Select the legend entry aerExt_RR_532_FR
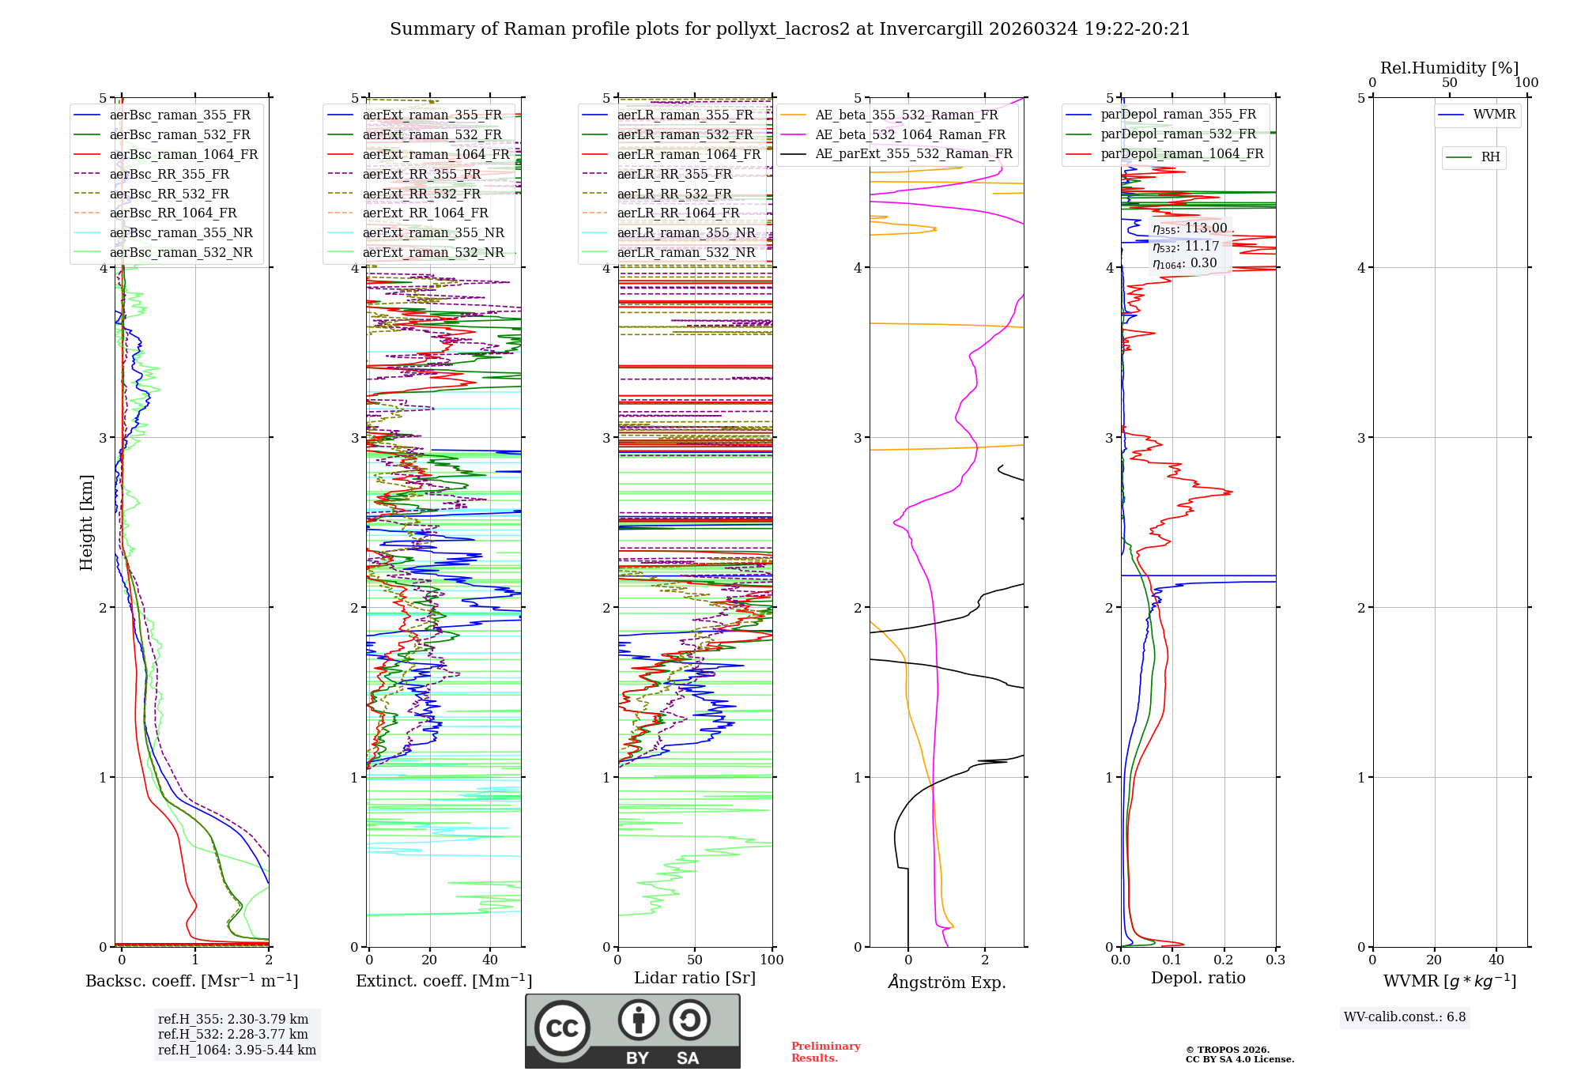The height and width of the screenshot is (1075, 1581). point(421,194)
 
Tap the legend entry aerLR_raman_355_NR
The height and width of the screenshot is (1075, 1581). point(685,232)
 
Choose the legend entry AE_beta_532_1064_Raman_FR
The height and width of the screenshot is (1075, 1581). point(910,134)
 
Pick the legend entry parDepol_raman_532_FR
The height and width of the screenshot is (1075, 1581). point(1178,134)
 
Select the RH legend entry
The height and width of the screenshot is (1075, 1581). point(1490,157)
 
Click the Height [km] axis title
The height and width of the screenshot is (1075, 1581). point(86,522)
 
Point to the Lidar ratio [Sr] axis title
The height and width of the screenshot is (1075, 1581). point(695,978)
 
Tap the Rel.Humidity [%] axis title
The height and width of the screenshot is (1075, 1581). point(1449,68)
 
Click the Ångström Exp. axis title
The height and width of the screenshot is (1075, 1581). point(947,982)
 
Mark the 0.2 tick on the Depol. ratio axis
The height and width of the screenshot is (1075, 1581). point(1224,960)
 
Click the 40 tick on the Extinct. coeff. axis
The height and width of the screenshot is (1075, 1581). point(490,960)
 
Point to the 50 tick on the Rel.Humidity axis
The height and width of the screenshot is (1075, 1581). point(1449,83)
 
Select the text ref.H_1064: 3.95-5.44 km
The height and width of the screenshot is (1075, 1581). point(237,1050)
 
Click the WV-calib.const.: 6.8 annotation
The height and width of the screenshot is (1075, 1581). point(1405,1017)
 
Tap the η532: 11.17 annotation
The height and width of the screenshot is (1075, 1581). point(1186,247)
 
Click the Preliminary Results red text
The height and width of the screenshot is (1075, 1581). point(825,1051)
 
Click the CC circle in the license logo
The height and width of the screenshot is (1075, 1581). point(562,1028)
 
